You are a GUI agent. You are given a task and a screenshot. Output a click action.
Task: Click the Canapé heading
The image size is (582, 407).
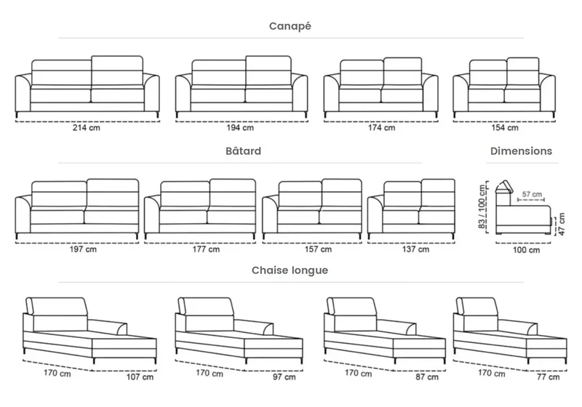tap(290, 26)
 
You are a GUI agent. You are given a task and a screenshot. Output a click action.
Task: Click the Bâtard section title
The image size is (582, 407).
tap(243, 151)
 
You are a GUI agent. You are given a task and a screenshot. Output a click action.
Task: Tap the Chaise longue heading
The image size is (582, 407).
tap(290, 270)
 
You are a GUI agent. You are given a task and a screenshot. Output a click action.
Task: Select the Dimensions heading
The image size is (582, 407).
tap(521, 151)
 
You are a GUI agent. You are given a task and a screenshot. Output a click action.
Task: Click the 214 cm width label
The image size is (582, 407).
tap(87, 127)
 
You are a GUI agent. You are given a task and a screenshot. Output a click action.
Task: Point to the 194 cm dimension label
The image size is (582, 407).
tap(240, 127)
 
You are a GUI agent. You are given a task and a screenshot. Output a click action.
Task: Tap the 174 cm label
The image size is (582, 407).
tap(381, 127)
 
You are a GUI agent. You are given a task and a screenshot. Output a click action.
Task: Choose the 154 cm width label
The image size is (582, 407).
tap(505, 127)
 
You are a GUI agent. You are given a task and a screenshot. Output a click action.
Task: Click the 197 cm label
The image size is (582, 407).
tap(83, 249)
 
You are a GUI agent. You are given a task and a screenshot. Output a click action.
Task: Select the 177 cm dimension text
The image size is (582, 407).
tap(206, 249)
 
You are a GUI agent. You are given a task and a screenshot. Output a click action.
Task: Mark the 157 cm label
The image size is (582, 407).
tap(318, 249)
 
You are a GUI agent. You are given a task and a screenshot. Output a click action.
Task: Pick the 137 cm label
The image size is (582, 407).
tap(415, 249)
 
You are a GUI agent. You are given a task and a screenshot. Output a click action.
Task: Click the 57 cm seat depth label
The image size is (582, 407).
tap(532, 194)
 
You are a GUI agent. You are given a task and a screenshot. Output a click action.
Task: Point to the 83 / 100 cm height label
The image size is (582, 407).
tap(482, 206)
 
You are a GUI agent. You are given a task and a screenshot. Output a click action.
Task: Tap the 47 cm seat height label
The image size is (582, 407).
tap(562, 224)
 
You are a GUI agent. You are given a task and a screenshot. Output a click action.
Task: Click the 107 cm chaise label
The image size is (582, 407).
tap(140, 377)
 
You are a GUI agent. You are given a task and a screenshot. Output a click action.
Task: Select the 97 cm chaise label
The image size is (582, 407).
tap(284, 377)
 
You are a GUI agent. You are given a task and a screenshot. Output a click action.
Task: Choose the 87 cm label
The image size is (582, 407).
tap(427, 377)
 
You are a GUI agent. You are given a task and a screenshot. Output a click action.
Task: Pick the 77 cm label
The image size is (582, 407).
tap(549, 377)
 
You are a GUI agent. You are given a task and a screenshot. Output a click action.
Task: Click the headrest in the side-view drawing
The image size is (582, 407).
tap(503, 188)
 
